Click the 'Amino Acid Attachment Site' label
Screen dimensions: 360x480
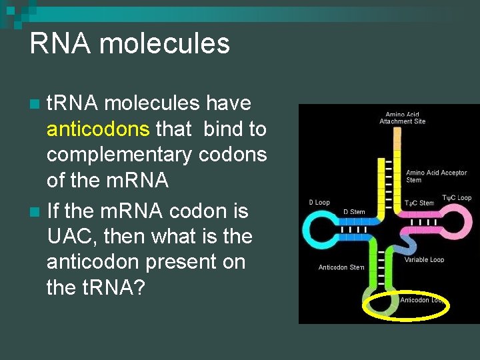coord(403,118)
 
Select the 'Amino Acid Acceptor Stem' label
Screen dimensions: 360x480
coord(436,176)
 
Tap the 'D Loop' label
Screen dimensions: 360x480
coord(319,202)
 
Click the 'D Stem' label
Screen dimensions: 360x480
coord(354,212)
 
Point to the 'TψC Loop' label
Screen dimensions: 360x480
coord(455,197)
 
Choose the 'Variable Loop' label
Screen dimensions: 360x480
coord(424,259)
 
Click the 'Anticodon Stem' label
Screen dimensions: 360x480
coord(341,268)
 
